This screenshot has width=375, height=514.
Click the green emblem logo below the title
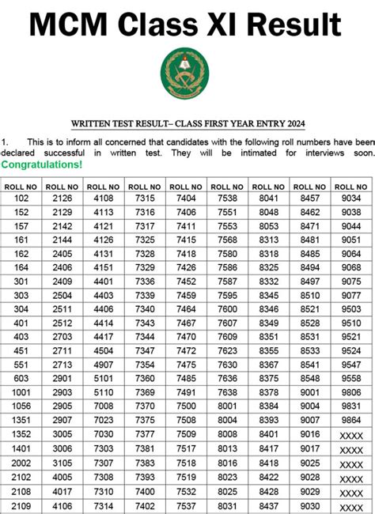[x=185, y=73]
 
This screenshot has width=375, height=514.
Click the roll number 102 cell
[x=21, y=198]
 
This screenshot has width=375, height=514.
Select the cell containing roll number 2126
[x=62, y=198]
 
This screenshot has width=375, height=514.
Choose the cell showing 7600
[x=227, y=308]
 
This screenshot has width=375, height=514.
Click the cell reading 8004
[x=227, y=419]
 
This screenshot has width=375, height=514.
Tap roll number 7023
[x=104, y=419]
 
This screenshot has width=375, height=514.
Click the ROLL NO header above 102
[x=21, y=186]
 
